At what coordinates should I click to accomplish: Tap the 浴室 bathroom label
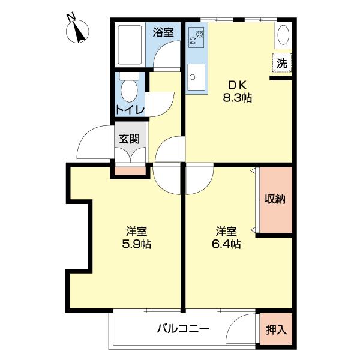(x=163, y=32)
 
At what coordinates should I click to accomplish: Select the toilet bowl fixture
(x=128, y=90)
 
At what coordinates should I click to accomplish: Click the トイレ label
(x=130, y=109)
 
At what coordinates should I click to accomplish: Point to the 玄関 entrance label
(x=129, y=139)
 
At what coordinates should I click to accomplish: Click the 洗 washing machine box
(x=282, y=62)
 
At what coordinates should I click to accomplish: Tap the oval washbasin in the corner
(x=284, y=37)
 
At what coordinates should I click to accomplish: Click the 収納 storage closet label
(x=275, y=199)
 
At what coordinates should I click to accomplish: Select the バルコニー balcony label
(x=183, y=329)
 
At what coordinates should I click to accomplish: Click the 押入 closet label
(x=276, y=329)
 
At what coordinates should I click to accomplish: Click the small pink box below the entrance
(x=130, y=170)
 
